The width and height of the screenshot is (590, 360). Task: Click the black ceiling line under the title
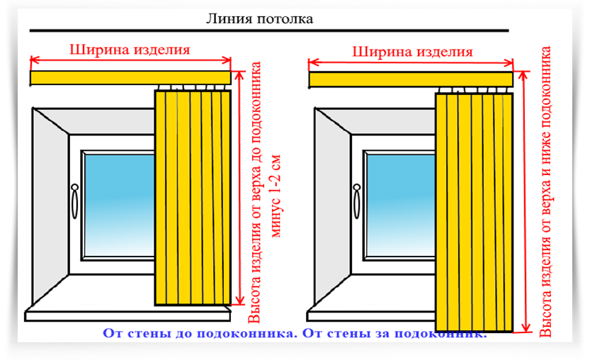269,31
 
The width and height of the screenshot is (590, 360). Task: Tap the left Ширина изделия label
130,50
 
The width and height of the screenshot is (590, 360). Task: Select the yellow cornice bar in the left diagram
130,77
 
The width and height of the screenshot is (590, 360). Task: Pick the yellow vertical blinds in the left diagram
193,198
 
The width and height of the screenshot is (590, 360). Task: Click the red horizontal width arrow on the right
411,62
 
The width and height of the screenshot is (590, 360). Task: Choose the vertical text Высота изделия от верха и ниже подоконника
547,191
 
